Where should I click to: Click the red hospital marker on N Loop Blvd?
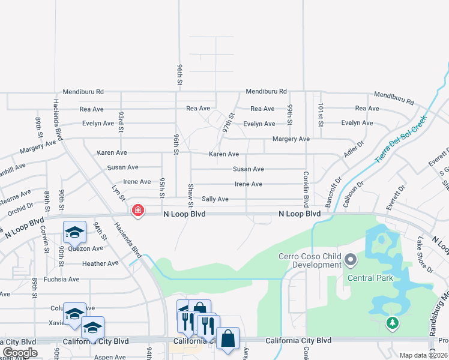tap(138, 211)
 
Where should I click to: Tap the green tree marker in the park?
tap(393, 323)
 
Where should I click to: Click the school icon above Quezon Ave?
tap(74, 232)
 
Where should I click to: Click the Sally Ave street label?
tap(215, 199)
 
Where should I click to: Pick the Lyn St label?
tap(119, 193)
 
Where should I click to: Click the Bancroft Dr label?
tap(333, 191)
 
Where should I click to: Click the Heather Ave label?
tap(100, 263)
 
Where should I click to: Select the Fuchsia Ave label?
tap(65, 279)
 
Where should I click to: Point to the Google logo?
tap(19, 353)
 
